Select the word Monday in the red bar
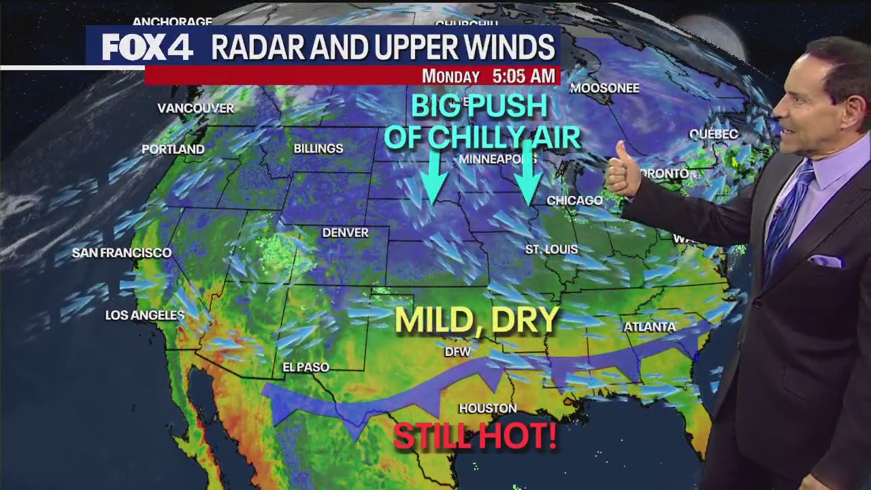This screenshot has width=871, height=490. [x=450, y=76]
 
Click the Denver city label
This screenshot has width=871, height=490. [x=345, y=233]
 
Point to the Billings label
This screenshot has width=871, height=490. [x=318, y=148]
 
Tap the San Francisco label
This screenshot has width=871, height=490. [x=122, y=252]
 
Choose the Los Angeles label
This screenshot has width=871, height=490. [x=145, y=315]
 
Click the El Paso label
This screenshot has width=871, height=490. [x=306, y=367]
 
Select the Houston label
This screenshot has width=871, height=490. [x=487, y=408]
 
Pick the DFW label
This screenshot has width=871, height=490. [x=457, y=352]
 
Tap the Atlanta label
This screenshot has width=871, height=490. [x=649, y=327]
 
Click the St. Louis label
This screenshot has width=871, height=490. [x=551, y=250]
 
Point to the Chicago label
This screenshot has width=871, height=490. [x=574, y=200]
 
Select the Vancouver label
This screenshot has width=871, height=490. [x=195, y=108]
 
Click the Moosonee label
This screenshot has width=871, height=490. [x=604, y=88]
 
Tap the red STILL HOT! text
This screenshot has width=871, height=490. [x=475, y=436]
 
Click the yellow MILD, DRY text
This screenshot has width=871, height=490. [x=476, y=320]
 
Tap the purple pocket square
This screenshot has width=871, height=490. [x=825, y=261]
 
